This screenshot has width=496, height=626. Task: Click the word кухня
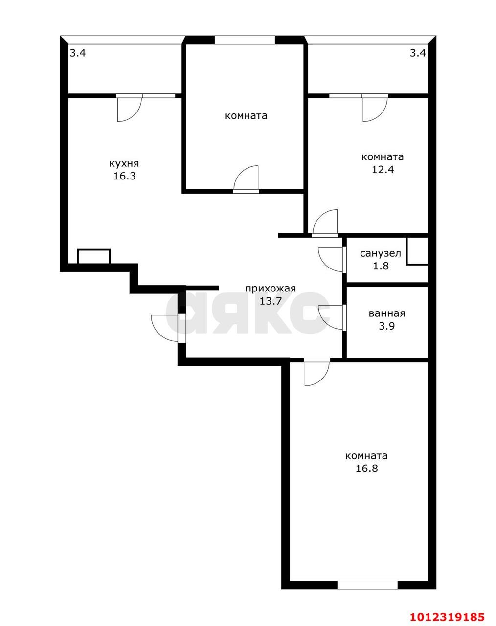(x=124, y=164)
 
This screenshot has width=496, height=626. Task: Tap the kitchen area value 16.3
(x=125, y=176)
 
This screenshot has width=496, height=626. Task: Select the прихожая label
(x=271, y=289)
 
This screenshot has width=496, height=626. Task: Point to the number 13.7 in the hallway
(x=271, y=301)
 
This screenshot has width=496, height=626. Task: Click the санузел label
(x=381, y=253)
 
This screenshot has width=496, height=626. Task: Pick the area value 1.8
(x=381, y=266)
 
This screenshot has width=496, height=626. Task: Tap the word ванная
(x=387, y=313)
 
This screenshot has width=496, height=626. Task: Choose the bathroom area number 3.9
(x=387, y=326)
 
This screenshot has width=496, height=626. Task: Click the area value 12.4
(x=383, y=170)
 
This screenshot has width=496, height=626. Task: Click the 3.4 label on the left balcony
(x=78, y=53)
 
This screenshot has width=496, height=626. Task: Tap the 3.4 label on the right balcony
(x=418, y=53)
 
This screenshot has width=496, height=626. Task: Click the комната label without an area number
(x=246, y=116)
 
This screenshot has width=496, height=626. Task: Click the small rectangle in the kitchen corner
(x=94, y=257)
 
